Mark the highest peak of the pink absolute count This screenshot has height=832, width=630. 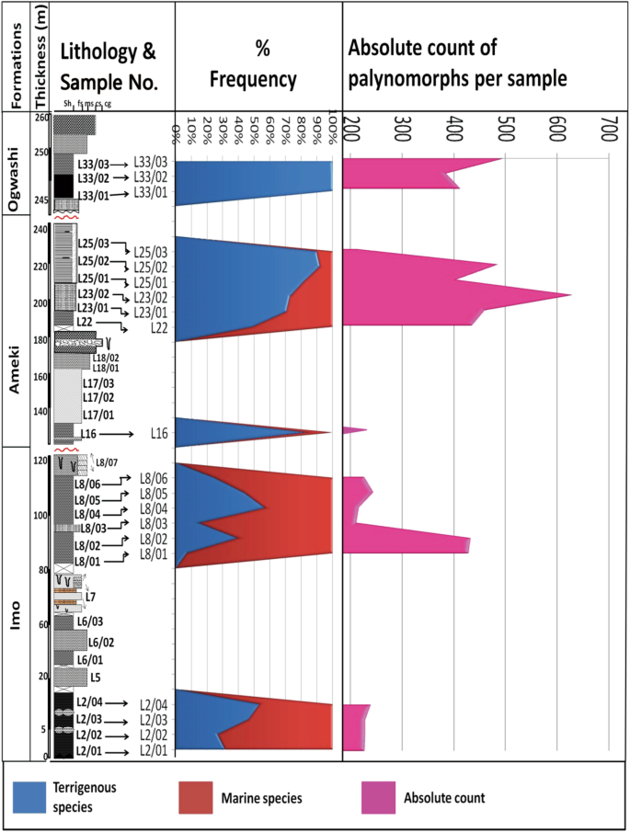click(x=570, y=295)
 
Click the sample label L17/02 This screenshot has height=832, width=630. click(x=97, y=397)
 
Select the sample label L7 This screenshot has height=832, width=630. click(x=90, y=598)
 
